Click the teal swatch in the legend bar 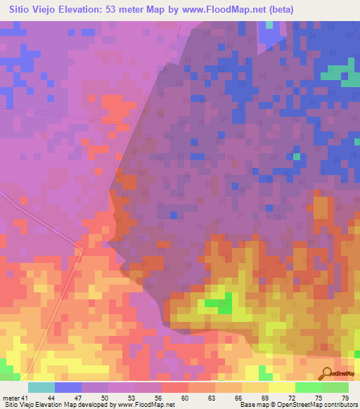(x=41, y=387)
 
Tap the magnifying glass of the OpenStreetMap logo (x=326, y=372)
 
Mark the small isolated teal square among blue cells (x=297, y=156)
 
